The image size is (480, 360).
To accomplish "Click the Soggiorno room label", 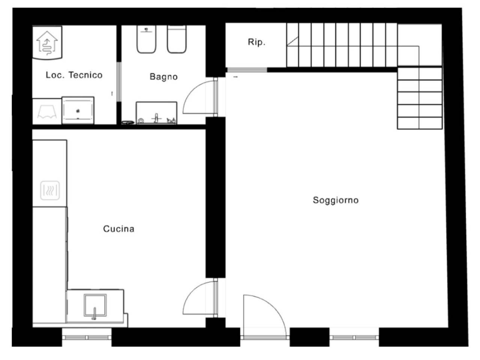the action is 336,200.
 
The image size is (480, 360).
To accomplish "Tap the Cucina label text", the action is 119,229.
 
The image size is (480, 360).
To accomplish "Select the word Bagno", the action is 163,77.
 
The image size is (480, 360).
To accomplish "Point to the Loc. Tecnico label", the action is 74,75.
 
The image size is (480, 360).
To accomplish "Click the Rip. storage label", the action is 257,42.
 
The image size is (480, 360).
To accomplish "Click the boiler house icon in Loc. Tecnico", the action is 47,43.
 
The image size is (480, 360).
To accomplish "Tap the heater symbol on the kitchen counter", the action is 50,190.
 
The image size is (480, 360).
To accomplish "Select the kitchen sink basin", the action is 95,305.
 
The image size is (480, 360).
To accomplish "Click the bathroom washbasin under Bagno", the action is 157,113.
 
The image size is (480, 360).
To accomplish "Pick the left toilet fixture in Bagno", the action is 147,39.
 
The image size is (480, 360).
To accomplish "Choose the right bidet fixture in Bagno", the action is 177,39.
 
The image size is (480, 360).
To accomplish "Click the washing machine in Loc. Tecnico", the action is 78,110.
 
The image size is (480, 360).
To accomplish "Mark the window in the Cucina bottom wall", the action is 87,338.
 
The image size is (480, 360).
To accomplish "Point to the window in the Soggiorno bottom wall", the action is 354,338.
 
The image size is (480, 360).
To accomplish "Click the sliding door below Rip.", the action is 247,70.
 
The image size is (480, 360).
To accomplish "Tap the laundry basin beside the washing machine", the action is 47,111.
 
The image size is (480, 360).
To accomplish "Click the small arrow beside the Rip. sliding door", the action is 235,77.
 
